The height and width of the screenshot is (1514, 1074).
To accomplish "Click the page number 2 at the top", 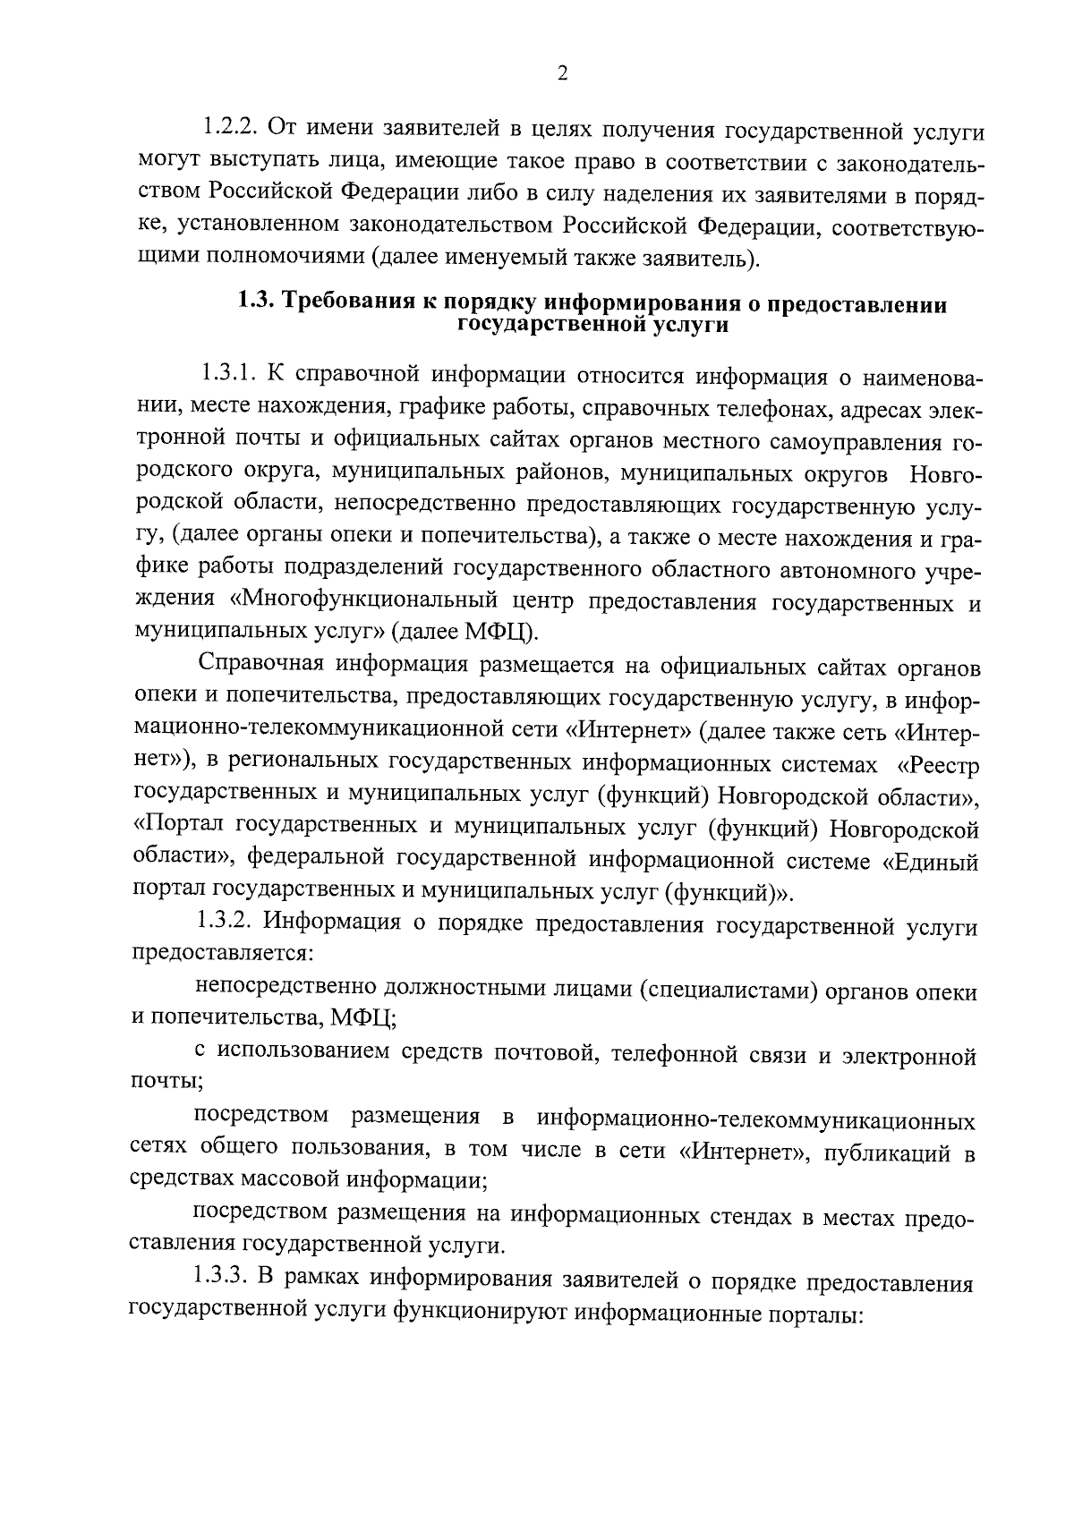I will coord(562,75).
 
